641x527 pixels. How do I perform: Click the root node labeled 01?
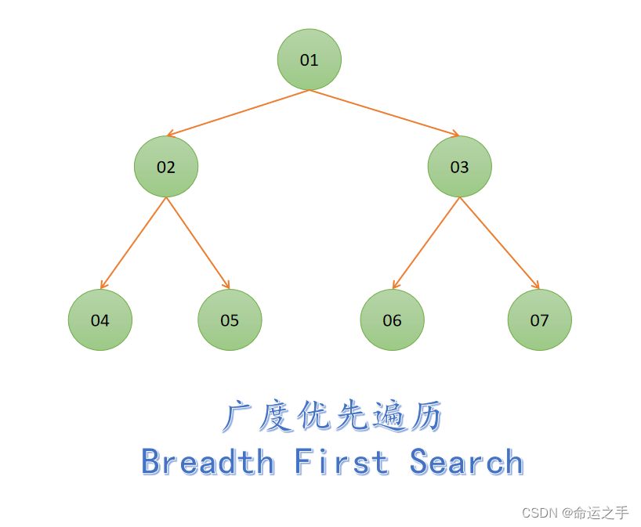pyautogui.click(x=310, y=60)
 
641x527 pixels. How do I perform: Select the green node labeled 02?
pyautogui.click(x=166, y=167)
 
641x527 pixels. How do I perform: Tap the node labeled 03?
pyautogui.click(x=459, y=167)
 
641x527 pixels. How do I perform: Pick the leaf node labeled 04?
pyautogui.click(x=100, y=319)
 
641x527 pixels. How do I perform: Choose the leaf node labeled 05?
pyautogui.click(x=230, y=319)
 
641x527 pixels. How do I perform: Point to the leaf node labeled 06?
pyautogui.click(x=392, y=319)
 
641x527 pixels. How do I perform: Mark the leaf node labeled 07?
pyautogui.click(x=539, y=319)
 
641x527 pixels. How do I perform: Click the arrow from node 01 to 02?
pyautogui.click(x=237, y=113)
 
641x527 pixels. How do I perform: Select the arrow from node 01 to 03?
pyautogui.click(x=384, y=113)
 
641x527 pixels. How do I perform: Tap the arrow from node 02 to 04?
pyautogui.click(x=133, y=243)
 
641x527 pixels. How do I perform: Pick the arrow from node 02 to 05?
pyautogui.click(x=197, y=243)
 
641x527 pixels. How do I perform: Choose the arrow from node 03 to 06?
pyautogui.click(x=426, y=243)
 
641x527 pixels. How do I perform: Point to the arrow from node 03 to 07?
pyautogui.click(x=499, y=243)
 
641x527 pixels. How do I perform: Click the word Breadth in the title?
pyautogui.click(x=208, y=462)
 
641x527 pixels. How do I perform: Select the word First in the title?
pyautogui.click(x=342, y=462)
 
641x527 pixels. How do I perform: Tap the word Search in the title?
pyautogui.click(x=466, y=462)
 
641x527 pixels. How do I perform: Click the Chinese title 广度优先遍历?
pyautogui.click(x=332, y=417)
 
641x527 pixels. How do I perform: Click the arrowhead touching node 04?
pyautogui.click(x=103, y=286)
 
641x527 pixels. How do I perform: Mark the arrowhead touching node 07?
pyautogui.click(x=537, y=285)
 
